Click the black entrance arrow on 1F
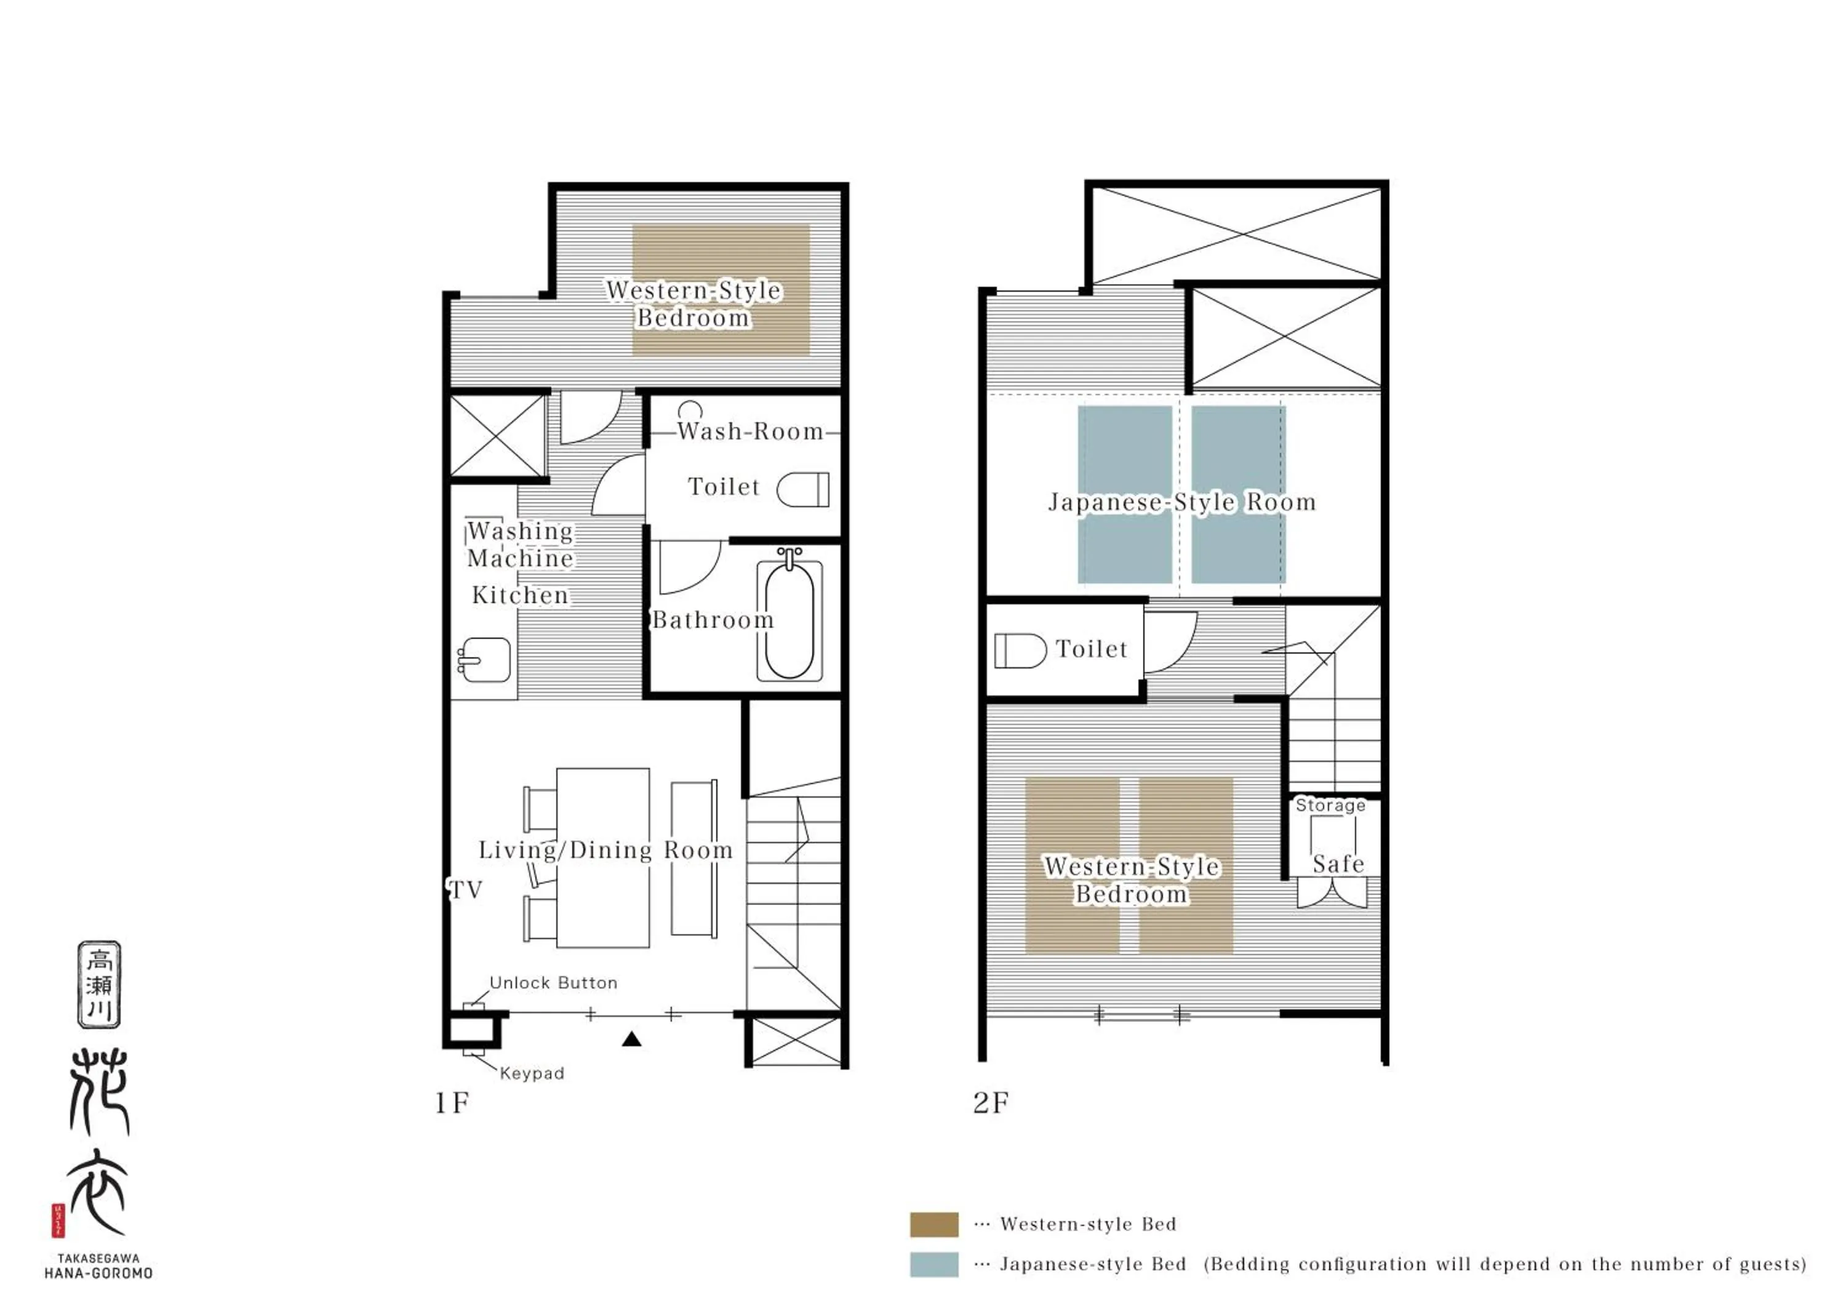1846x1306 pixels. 632,1040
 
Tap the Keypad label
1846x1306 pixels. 532,1073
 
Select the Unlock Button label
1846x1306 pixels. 553,983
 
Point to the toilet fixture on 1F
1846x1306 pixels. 802,489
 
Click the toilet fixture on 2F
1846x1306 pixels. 1020,651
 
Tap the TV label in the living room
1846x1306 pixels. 466,889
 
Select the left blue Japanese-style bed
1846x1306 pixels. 1124,451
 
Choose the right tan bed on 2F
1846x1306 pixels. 1186,933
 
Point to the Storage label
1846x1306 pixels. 1330,805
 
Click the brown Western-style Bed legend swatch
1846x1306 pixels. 933,1224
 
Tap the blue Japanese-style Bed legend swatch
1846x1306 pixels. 933,1264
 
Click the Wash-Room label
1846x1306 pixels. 750,432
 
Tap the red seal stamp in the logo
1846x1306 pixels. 58,1220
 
